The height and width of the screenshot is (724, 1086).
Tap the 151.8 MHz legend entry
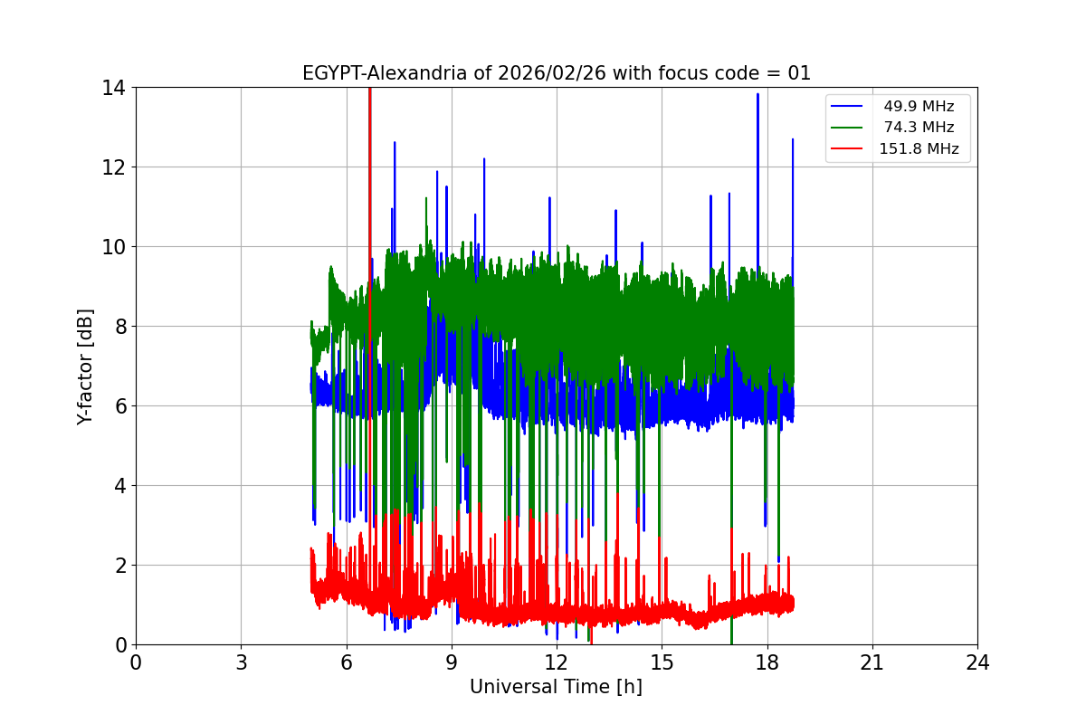pyautogui.click(x=919, y=149)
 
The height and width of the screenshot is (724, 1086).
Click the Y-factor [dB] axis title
pyautogui.click(x=85, y=366)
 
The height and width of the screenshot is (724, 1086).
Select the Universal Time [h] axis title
pyautogui.click(x=556, y=687)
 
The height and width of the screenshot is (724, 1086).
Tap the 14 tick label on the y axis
pyautogui.click(x=114, y=88)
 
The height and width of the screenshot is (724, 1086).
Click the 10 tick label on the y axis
pyautogui.click(x=114, y=247)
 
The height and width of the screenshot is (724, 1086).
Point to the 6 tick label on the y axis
pyautogui.click(x=119, y=406)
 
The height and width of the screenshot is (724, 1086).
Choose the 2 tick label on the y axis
pyautogui.click(x=119, y=566)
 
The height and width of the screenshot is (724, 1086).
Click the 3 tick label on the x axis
pyautogui.click(x=241, y=662)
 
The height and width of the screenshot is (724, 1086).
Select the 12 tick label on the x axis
pyautogui.click(x=556, y=662)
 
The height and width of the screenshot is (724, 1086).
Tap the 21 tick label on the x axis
pyautogui.click(x=872, y=662)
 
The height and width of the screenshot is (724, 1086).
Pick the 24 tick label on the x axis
pyautogui.click(x=976, y=662)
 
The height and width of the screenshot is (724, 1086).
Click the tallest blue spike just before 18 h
pyautogui.click(x=757, y=95)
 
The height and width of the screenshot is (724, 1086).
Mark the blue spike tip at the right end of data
pyautogui.click(x=792, y=140)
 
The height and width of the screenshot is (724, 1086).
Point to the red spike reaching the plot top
pyautogui.click(x=369, y=90)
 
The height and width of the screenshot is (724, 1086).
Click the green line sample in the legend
pyautogui.click(x=849, y=128)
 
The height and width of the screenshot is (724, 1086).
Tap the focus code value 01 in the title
pyautogui.click(x=799, y=73)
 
